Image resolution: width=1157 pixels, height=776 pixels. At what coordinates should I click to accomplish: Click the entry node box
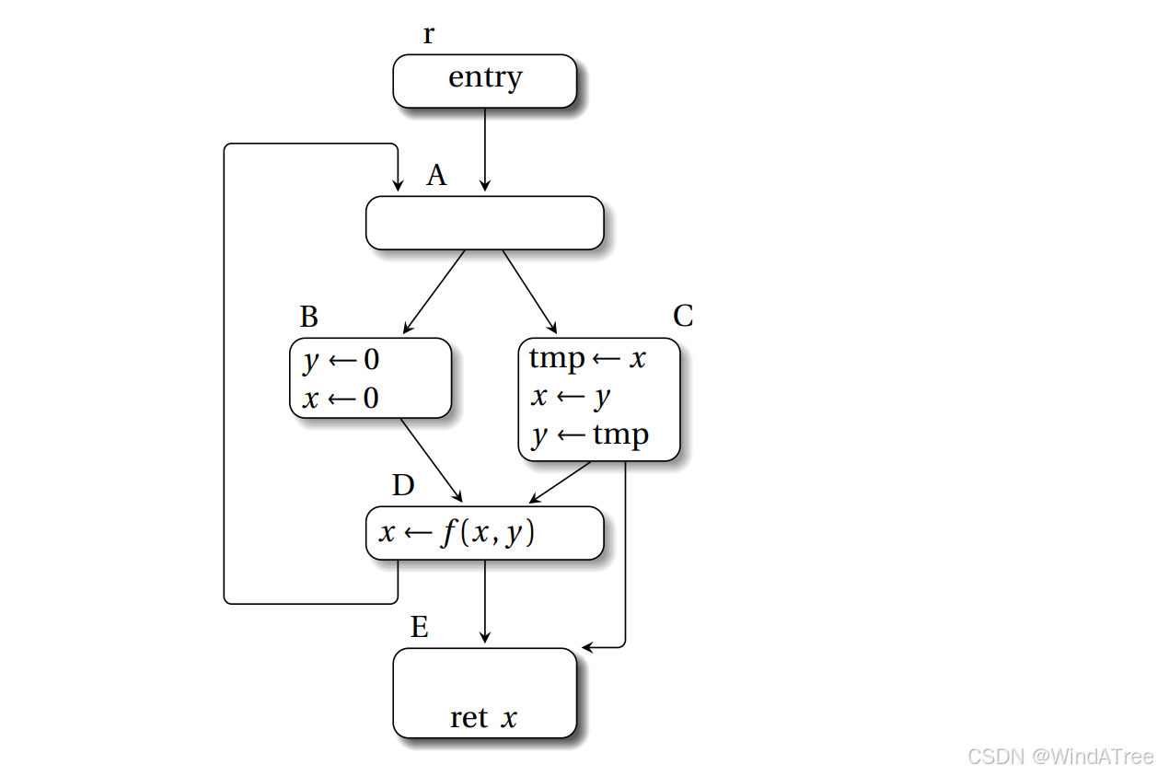[x=484, y=80]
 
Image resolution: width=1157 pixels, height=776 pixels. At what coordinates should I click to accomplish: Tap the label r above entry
[x=429, y=35]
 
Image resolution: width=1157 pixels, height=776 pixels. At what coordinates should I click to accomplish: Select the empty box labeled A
[x=484, y=223]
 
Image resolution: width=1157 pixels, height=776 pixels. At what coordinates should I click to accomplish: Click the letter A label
[x=436, y=176]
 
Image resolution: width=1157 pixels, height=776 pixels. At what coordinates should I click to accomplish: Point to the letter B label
[x=309, y=317]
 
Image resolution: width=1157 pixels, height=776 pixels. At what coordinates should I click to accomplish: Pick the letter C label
[x=683, y=316]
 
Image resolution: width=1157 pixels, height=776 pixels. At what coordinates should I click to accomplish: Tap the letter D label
[x=403, y=485]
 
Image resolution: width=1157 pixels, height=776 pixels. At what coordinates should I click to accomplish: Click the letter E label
[x=420, y=628]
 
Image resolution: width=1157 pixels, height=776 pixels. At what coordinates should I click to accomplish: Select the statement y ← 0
[x=341, y=360]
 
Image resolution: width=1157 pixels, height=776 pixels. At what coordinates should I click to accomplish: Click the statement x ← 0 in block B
[x=341, y=400]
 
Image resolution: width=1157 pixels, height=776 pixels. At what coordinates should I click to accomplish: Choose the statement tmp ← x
[x=588, y=358]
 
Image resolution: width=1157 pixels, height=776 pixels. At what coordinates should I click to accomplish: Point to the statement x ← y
[x=571, y=397]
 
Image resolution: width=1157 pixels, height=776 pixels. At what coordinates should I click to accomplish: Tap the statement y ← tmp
[x=590, y=434]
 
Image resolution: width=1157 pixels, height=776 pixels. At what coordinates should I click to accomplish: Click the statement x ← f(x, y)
[x=457, y=533]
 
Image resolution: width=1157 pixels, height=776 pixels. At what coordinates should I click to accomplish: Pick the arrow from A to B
[x=434, y=291]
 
